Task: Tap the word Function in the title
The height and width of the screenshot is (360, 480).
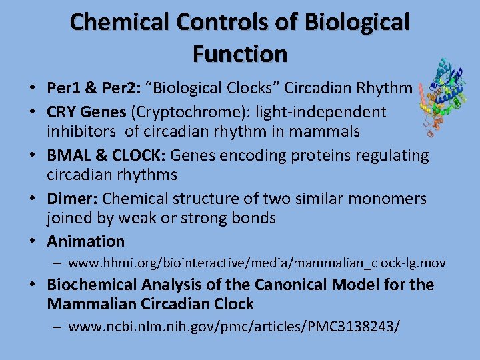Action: (240, 53)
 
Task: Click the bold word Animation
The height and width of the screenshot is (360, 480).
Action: (85, 241)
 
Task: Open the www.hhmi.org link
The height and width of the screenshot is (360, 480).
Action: (257, 263)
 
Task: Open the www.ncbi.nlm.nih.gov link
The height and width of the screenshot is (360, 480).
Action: (234, 327)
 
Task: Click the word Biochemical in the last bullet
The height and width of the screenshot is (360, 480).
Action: (93, 285)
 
